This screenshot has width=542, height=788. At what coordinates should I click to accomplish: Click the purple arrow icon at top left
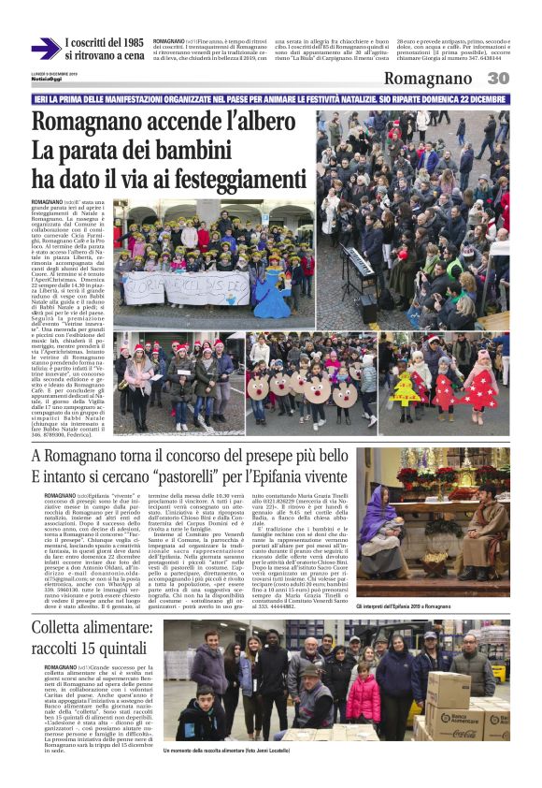(45, 50)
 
